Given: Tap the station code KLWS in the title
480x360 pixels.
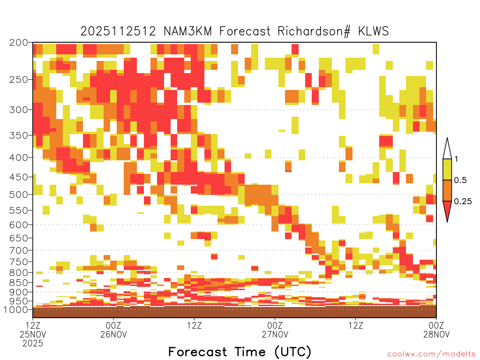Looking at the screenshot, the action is pyautogui.click(x=374, y=31).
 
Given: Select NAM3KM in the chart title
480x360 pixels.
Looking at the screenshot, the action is pyautogui.click(x=188, y=31).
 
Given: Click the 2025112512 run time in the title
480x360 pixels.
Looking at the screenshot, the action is pyautogui.click(x=118, y=31).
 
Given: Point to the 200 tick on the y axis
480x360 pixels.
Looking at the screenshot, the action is pyautogui.click(x=18, y=43).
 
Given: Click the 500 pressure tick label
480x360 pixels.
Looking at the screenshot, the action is pyautogui.click(x=18, y=195).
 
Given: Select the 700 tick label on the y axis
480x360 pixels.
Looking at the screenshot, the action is pyautogui.click(x=18, y=250).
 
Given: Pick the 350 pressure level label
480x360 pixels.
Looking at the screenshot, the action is pyautogui.click(x=18, y=135).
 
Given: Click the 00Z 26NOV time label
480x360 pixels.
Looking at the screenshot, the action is pyautogui.click(x=113, y=330).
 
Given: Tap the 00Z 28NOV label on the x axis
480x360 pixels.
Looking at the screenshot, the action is pyautogui.click(x=436, y=330).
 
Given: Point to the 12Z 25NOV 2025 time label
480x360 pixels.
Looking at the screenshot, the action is pyautogui.click(x=33, y=334).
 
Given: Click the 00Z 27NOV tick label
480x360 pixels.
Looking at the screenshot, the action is pyautogui.click(x=275, y=330).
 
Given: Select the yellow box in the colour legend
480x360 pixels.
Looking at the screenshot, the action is pyautogui.click(x=447, y=169).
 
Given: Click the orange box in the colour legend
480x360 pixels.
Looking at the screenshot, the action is pyautogui.click(x=447, y=190).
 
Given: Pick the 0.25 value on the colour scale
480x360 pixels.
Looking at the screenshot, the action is pyautogui.click(x=463, y=202).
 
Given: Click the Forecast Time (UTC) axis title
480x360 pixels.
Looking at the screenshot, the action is pyautogui.click(x=240, y=352).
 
